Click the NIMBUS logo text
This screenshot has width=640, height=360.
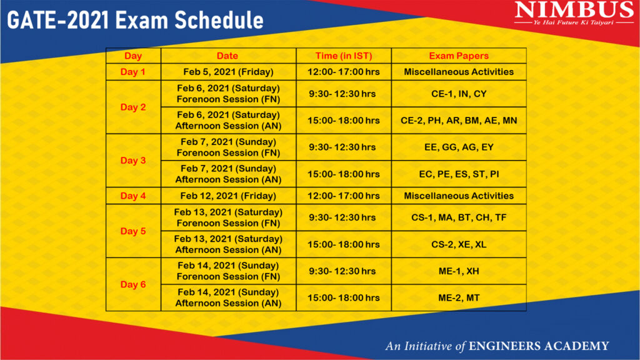pyautogui.click(x=574, y=10)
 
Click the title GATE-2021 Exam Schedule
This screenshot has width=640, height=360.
pyautogui.click(x=135, y=20)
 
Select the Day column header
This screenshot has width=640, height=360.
pyautogui.click(x=133, y=56)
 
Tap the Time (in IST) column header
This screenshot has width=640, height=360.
pyautogui.click(x=344, y=56)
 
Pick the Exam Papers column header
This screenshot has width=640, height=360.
pyautogui.click(x=459, y=56)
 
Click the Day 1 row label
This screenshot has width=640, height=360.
pyautogui.click(x=133, y=72)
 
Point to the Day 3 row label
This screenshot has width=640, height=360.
pyautogui.click(x=133, y=161)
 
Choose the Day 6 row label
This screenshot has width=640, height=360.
pyautogui.click(x=133, y=284)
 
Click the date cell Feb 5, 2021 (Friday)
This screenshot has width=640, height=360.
pyautogui.click(x=228, y=72)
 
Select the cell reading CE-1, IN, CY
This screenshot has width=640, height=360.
pyautogui.click(x=459, y=94)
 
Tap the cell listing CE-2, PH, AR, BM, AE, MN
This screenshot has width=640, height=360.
pyautogui.click(x=459, y=121)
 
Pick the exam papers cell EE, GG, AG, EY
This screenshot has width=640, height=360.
pyautogui.click(x=459, y=147)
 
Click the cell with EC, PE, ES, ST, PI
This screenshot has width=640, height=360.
pyautogui.click(x=459, y=174)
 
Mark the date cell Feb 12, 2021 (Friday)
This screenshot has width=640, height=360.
pyautogui.click(x=228, y=196)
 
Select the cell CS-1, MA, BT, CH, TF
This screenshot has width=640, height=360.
pyautogui.click(x=459, y=217)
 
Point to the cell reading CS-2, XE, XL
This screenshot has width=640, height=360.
pyautogui.click(x=459, y=244)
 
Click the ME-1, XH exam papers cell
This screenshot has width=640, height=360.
pyautogui.click(x=459, y=271)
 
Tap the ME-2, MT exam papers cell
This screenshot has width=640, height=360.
pyautogui.click(x=459, y=298)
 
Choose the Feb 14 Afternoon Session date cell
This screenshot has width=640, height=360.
pyautogui.click(x=228, y=297)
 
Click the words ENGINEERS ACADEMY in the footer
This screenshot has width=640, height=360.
pyautogui.click(x=539, y=346)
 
